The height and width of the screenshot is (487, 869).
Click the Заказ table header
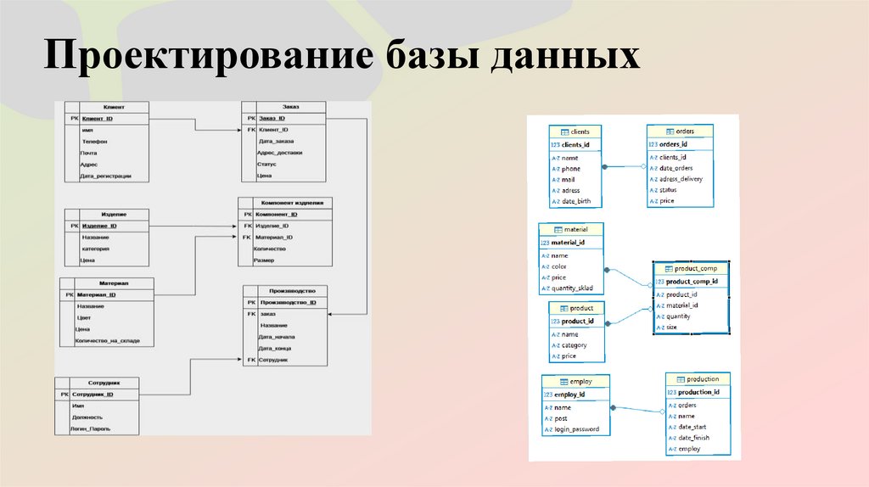coord(291,107)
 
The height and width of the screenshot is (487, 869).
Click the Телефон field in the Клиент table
coord(95,142)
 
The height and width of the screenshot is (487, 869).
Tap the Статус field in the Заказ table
coord(267,165)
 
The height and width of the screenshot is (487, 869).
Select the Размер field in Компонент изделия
coord(264,261)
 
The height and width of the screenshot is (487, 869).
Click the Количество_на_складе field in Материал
coord(108,341)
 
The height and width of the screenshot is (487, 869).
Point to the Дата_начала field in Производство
coord(277,337)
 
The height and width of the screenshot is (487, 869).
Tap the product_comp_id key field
coord(692,281)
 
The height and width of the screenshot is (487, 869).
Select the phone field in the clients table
coord(571,169)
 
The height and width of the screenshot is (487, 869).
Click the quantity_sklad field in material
coord(577,288)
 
